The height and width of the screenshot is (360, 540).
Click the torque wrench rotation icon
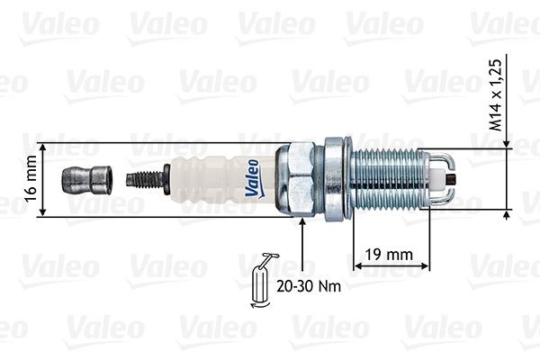pos(262,282)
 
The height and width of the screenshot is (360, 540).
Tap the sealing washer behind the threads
pos(337,179)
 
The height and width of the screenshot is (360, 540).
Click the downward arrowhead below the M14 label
pos(508,144)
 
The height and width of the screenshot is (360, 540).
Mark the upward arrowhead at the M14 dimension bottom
pos(508,215)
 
